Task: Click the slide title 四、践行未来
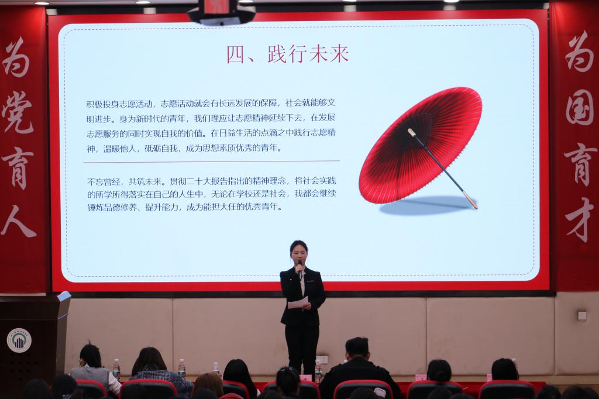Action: pyautogui.click(x=287, y=54)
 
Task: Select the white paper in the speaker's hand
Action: pyautogui.click(x=298, y=304)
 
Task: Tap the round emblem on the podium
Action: pyautogui.click(x=19, y=340)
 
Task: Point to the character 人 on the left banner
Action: pyautogui.click(x=18, y=221)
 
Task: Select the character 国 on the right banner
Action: pyautogui.click(x=580, y=109)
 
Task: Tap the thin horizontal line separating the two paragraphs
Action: pyautogui.click(x=211, y=161)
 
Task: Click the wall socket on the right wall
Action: pyautogui.click(x=582, y=315)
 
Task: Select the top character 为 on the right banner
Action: pyautogui.click(x=579, y=51)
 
